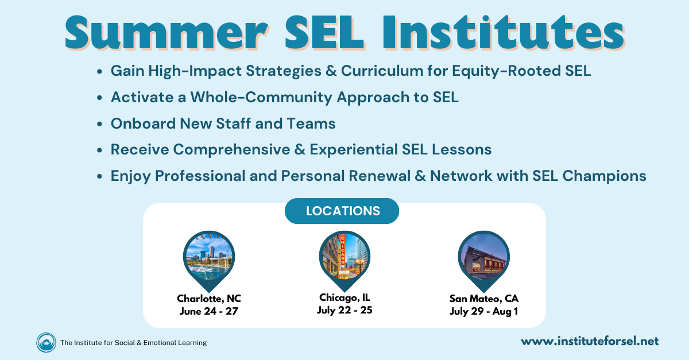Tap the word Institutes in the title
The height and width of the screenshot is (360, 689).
pos(503,32)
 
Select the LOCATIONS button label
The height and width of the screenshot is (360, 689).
pos(343,211)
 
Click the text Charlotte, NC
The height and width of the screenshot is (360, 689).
pos(209,299)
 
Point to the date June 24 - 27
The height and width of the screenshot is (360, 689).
pos(209,311)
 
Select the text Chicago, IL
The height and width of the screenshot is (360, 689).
pos(344,297)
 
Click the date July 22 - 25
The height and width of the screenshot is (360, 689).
pos(344,310)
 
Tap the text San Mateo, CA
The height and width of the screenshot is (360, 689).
pos(484,299)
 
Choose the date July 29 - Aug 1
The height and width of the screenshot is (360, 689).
pos(484,311)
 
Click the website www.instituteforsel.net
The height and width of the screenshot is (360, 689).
pos(590,341)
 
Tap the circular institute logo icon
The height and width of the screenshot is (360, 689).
pos(46,342)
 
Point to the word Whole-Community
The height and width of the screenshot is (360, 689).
pos(261,98)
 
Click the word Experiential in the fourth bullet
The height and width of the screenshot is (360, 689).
pos(354,150)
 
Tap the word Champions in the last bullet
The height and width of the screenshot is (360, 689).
pos(605,176)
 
